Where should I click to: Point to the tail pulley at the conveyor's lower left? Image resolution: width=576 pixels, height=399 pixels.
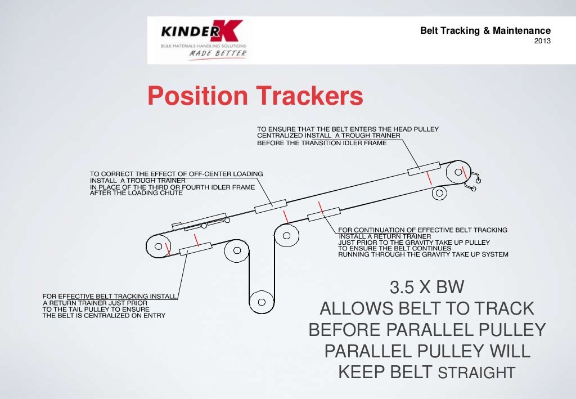[158, 246]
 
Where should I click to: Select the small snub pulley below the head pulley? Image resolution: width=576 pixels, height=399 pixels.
[439, 194]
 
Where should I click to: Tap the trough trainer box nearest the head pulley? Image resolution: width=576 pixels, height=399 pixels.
[424, 167]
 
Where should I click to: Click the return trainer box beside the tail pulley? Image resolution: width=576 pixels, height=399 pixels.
[195, 249]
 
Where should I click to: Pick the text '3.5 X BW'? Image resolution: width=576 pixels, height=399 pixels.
[427, 288]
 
